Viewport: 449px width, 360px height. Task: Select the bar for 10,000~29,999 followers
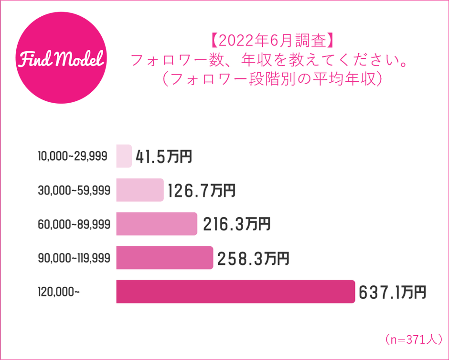click(x=124, y=156)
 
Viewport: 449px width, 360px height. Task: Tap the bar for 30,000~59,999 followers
click(x=140, y=190)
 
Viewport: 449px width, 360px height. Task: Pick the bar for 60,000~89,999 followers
click(x=157, y=224)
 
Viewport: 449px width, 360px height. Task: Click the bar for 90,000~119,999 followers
click(x=164, y=258)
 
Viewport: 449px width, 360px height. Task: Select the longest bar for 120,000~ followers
click(x=235, y=292)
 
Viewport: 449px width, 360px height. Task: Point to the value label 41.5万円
click(x=164, y=157)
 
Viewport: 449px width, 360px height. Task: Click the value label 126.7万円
click(x=201, y=191)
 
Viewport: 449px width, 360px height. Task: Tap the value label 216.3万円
click(x=237, y=224)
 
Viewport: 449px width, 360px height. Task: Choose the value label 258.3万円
click(x=253, y=258)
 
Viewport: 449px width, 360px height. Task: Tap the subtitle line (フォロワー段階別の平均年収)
click(x=271, y=78)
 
